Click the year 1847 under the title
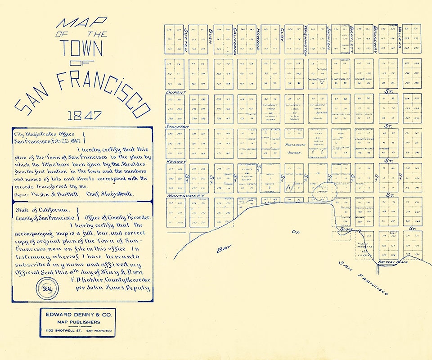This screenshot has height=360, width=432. pyautogui.click(x=84, y=116)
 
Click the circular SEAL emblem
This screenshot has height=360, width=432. pyautogui.click(x=47, y=288)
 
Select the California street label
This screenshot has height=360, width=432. pyautogui.click(x=234, y=41)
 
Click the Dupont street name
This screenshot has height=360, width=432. pyautogui.click(x=176, y=93)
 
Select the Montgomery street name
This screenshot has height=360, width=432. pyautogui.click(x=183, y=196)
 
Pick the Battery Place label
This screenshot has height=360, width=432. pyautogui.click(x=392, y=261)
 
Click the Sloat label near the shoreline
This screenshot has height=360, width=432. pyautogui.click(x=346, y=229)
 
